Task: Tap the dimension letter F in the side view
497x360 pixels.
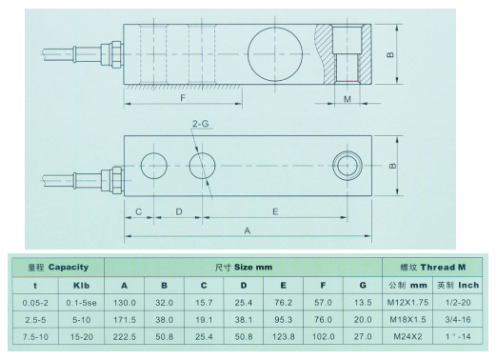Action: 181,97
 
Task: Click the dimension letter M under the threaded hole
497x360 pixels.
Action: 348,98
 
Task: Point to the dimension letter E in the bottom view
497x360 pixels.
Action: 277,211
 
